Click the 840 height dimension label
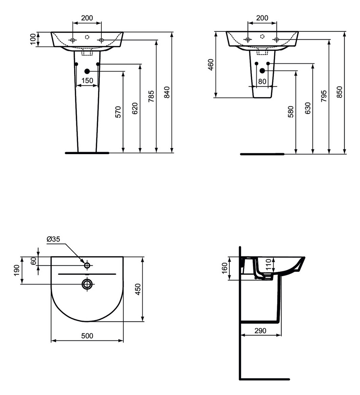167,92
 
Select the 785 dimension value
151,96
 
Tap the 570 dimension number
118,112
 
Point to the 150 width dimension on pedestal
87,81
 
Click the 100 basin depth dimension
33,39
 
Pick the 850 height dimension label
340,92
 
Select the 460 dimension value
211,65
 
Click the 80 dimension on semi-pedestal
262,82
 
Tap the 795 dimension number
324,96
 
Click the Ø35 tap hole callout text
53,239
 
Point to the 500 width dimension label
87,336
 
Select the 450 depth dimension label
138,289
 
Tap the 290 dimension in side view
260,330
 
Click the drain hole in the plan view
87,284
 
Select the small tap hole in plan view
87,265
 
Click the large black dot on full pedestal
87,71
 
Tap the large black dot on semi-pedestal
262,70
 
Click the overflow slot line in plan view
87,274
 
